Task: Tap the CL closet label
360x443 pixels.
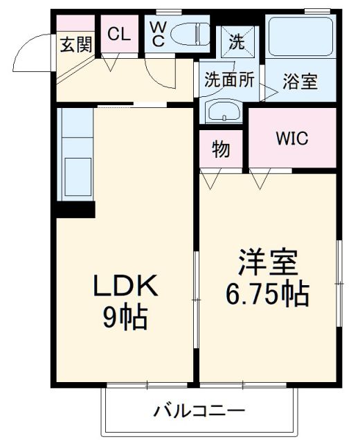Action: click(x=118, y=35)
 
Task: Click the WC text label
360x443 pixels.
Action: click(x=158, y=33)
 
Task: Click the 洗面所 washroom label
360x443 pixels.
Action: click(x=228, y=79)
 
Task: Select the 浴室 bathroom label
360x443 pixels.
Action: click(x=300, y=81)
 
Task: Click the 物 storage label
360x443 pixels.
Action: click(x=221, y=150)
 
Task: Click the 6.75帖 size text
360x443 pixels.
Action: click(x=267, y=296)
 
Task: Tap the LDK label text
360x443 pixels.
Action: click(x=126, y=285)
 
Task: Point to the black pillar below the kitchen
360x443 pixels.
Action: click(x=75, y=209)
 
